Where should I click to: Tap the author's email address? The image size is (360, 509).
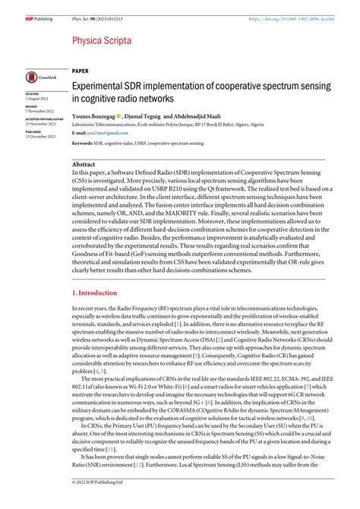pyautogui.click(x=100, y=133)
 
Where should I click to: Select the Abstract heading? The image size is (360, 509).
pyautogui.click(x=84, y=164)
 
